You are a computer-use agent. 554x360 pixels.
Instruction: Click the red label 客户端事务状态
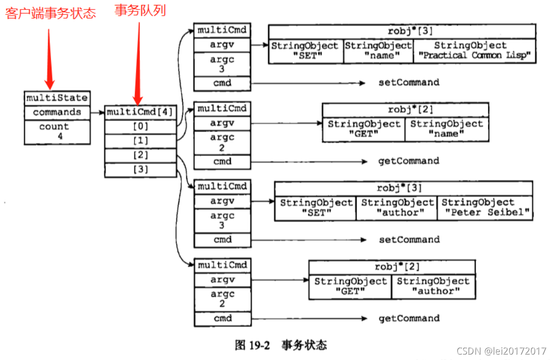click(x=50, y=13)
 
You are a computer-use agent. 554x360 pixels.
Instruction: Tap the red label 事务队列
click(x=140, y=10)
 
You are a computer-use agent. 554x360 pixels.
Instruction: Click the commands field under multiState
click(x=57, y=112)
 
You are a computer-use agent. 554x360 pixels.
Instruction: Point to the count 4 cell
click(x=57, y=131)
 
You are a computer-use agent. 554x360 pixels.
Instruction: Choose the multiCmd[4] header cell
click(x=140, y=112)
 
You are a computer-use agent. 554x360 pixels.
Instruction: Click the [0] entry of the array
click(x=140, y=127)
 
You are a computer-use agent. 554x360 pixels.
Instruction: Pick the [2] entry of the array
click(x=140, y=155)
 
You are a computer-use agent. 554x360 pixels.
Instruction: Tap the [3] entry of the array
click(x=140, y=170)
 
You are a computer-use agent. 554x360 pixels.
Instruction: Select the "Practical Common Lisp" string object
click(x=475, y=51)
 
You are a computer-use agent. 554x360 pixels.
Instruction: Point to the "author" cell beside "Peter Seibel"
click(x=396, y=208)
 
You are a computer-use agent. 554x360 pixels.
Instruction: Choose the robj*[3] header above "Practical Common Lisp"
click(x=402, y=32)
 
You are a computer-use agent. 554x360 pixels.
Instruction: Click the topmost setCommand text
click(x=409, y=83)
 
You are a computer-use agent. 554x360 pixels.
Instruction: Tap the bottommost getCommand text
click(x=409, y=318)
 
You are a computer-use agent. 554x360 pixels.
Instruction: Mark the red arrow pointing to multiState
click(x=49, y=59)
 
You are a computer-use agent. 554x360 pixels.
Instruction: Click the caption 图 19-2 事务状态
click(x=281, y=345)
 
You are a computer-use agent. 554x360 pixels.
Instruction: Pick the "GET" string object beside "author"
click(x=350, y=287)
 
